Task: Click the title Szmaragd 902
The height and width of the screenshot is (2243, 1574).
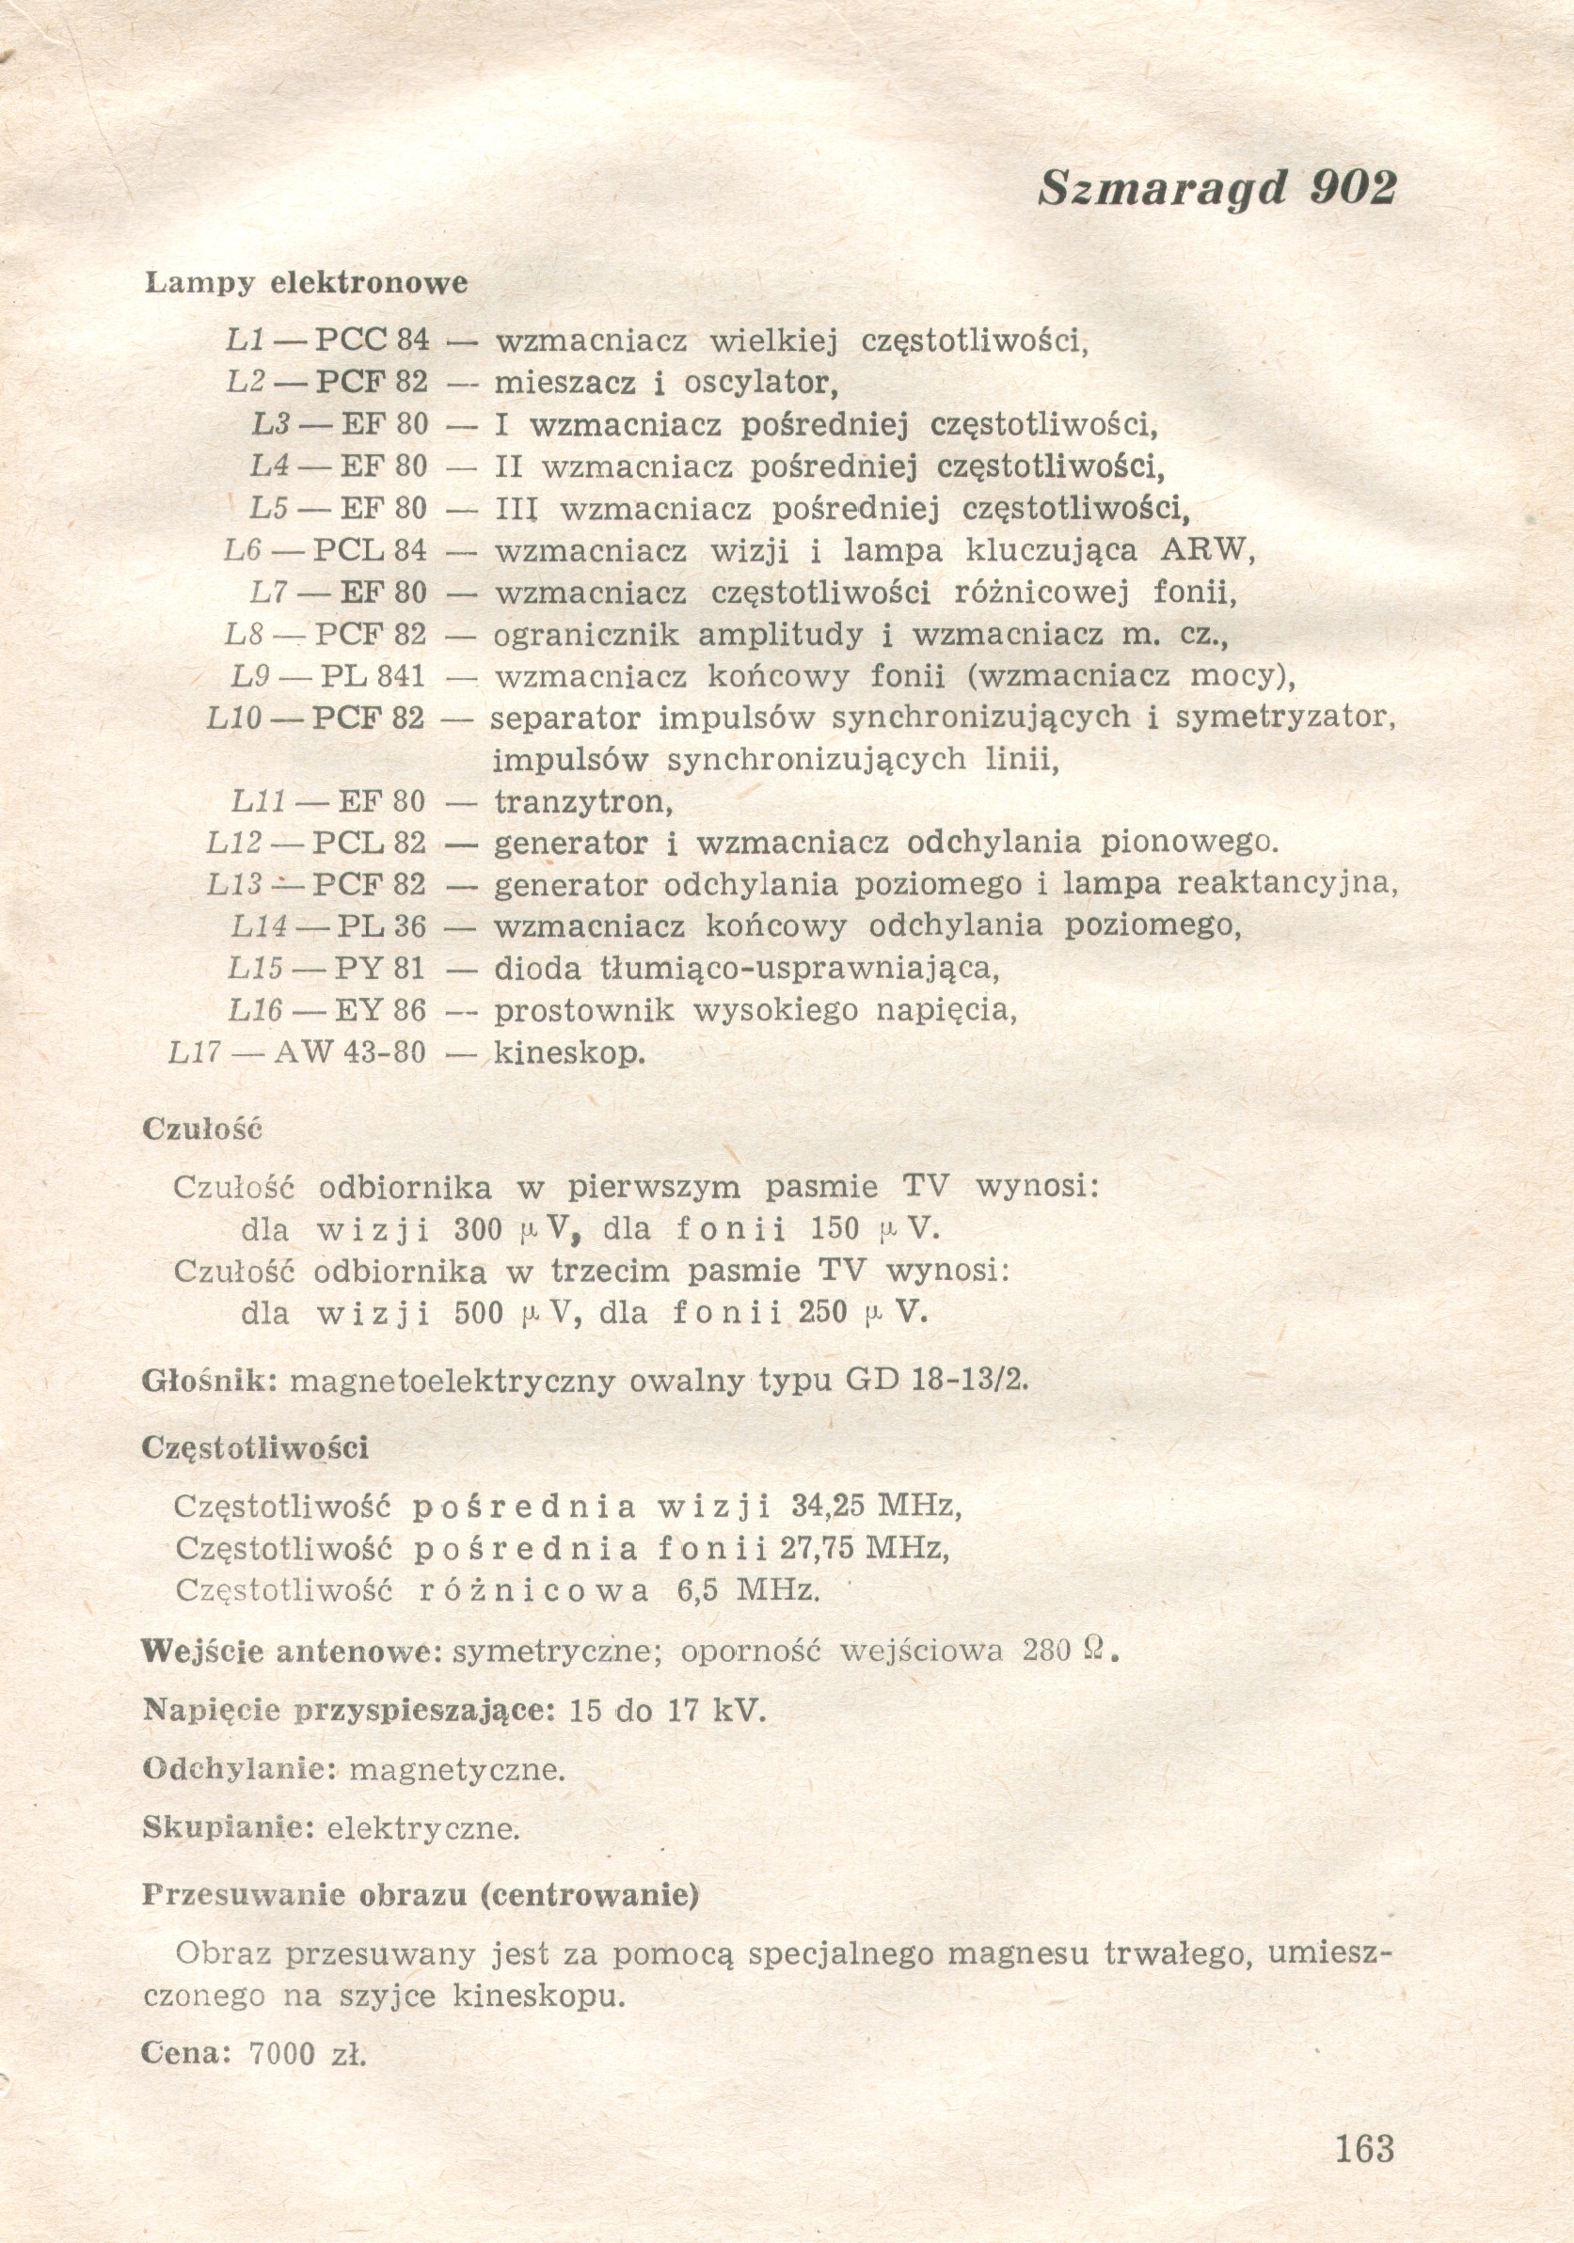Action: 1216,187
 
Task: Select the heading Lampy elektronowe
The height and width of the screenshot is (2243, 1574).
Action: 306,283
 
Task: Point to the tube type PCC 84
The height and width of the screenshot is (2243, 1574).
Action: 373,340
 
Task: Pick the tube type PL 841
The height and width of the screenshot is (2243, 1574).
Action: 373,676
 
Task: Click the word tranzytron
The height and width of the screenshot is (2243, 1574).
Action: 583,802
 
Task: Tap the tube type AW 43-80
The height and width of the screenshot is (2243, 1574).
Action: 350,1053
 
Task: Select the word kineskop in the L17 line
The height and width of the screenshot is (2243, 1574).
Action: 569,1053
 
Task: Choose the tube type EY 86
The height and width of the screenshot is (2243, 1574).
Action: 379,1010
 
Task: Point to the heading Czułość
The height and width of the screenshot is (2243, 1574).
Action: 202,1129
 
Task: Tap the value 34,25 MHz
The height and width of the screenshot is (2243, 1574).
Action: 875,1507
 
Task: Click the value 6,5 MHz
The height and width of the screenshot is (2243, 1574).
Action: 747,1590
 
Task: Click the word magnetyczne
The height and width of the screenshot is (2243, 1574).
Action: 456,1769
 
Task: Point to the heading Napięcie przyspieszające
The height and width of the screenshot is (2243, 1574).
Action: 349,1711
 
